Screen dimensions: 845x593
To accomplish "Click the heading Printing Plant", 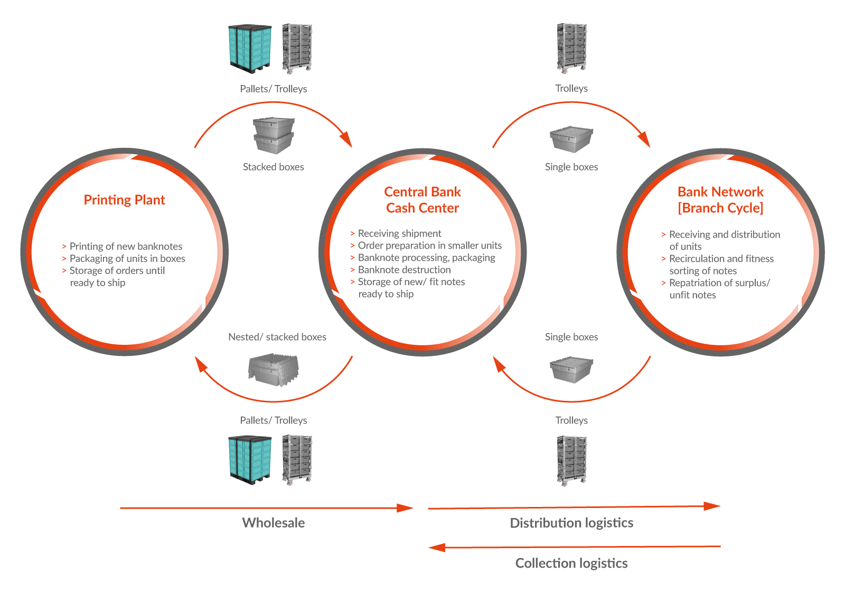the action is point(124,200).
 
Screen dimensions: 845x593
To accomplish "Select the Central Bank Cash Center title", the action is point(422,200).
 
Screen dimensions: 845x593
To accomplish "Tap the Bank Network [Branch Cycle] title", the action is point(720,200).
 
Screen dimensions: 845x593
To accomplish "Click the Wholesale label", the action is point(274,523).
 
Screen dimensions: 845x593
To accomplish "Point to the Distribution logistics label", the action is point(571,523).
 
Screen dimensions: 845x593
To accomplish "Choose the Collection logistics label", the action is point(571,563).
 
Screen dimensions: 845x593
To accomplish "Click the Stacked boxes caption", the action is point(274,167).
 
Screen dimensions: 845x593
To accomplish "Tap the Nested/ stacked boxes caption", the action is point(277,337).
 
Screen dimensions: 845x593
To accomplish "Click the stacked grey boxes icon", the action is point(274,136).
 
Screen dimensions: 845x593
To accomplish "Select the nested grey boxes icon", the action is point(274,370).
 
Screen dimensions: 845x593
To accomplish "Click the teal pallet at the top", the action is point(250,49).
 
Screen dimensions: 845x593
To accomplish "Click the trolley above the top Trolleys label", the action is point(571,48).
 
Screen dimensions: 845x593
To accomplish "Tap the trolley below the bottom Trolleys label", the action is point(571,460).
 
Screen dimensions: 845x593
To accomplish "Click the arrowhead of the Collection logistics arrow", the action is point(437,548).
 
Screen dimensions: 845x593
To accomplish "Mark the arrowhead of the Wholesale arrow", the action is point(405,508).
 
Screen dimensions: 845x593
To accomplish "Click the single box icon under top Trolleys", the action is point(571,139).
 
